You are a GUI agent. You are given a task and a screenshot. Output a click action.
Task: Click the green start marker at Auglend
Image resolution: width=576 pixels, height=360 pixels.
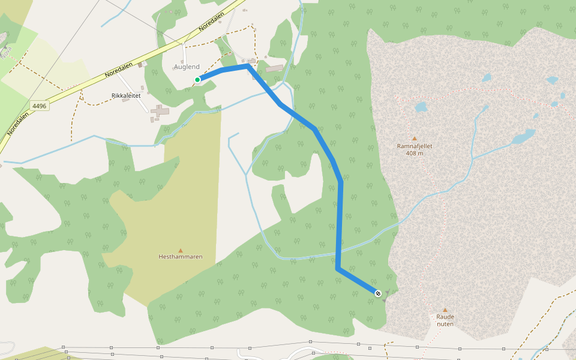pos(197,79)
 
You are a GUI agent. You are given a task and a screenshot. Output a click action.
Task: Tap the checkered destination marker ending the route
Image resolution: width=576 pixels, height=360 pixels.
pos(378,293)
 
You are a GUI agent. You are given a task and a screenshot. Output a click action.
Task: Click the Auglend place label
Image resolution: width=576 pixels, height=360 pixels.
pos(187,67)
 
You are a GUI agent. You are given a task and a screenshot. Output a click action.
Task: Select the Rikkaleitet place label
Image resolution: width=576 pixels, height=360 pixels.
pos(126,95)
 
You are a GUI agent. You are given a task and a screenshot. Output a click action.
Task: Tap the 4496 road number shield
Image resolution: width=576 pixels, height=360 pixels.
pos(40,106)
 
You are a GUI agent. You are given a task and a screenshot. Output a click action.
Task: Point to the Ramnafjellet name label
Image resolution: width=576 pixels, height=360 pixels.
pos(415,146)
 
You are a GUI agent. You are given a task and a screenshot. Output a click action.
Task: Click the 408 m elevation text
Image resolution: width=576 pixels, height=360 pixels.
pos(415,154)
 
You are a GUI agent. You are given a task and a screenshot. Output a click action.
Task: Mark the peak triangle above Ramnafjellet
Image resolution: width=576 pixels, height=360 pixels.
pos(414,138)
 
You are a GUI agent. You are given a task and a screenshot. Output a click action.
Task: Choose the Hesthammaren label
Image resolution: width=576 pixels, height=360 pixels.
pos(181,257)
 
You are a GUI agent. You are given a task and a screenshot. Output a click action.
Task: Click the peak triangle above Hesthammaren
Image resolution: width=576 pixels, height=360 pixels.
pos(180,250)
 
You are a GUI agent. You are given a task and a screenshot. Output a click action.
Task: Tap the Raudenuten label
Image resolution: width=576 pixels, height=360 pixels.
pos(445,320)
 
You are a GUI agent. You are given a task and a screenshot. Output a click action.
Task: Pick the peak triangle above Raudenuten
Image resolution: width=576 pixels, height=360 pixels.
pos(445,310)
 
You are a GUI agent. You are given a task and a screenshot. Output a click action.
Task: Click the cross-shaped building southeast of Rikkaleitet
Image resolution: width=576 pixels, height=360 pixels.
pos(160,110)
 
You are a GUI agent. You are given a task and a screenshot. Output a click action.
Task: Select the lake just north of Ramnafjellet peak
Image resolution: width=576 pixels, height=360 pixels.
pos(421,107)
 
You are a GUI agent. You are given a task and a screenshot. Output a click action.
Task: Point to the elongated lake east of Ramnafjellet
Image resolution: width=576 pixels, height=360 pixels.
pos(523,137)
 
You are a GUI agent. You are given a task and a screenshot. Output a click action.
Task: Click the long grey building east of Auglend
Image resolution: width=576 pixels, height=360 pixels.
pos(274,69)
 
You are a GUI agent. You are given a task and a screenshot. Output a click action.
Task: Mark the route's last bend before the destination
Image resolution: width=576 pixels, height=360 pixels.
pos(338,268)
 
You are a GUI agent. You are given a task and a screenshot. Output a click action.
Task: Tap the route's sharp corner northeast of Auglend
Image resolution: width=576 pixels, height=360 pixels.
pos(248,67)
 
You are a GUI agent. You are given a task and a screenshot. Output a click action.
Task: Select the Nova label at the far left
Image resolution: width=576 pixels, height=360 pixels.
pos(6,53)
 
